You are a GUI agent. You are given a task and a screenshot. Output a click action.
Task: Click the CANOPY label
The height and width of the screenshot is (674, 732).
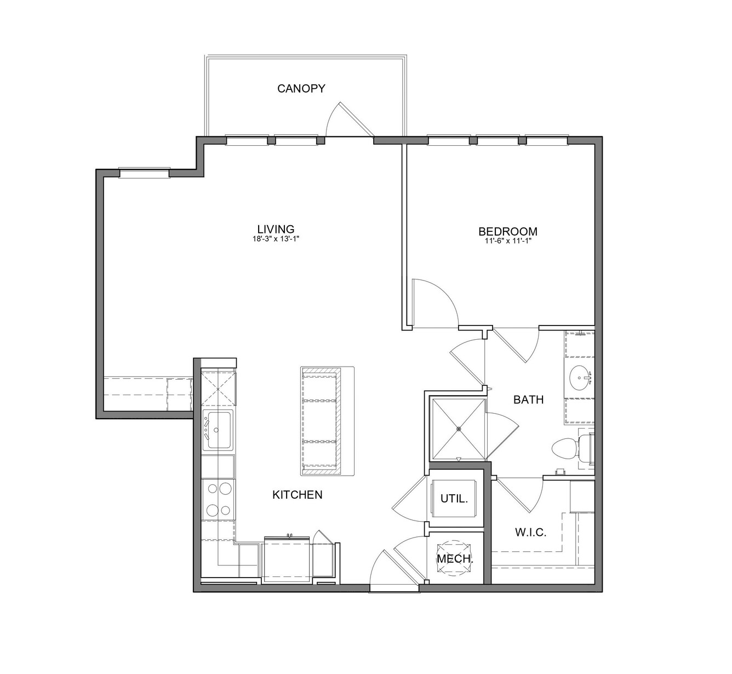pos(301,88)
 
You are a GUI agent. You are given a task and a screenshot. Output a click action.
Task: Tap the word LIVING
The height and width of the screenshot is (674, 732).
pos(276,229)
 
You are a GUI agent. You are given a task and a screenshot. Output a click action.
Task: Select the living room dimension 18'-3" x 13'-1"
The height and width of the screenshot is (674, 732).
pos(276,239)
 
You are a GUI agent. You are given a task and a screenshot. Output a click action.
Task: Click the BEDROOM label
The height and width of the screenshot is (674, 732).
pos(508,231)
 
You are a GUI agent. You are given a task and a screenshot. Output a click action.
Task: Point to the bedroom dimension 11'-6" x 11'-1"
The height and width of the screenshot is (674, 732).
pos(508,241)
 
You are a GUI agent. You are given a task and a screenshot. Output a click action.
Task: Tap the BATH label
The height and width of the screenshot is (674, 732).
pos(528,400)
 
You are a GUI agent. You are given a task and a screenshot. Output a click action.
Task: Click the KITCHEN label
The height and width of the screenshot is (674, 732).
pos(298,495)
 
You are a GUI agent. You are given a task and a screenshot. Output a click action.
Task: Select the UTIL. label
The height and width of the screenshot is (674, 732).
pos(454,499)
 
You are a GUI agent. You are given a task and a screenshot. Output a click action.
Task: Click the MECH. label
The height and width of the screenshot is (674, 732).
pos(455,558)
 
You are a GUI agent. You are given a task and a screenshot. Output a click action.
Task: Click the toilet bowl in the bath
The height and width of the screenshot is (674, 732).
pos(564,448)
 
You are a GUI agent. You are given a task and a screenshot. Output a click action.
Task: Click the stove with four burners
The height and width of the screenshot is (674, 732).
pos(218,499)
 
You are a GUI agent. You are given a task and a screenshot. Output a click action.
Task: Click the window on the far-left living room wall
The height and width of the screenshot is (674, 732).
pos(145,173)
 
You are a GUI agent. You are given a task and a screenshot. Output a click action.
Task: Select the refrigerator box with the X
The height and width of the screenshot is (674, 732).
pos(219,389)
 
